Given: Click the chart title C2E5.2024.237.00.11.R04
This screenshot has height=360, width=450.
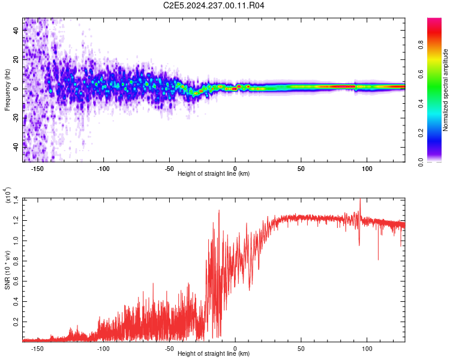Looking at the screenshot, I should (x=214, y=6).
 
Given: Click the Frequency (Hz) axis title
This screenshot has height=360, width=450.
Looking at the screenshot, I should (x=7, y=90).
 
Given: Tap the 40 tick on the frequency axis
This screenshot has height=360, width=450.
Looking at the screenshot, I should (x=16, y=31).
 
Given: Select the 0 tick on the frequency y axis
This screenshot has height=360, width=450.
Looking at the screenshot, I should (x=18, y=88).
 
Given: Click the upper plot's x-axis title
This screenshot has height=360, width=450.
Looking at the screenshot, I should (x=214, y=174).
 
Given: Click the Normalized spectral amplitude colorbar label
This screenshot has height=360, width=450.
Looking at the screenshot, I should (x=445, y=91).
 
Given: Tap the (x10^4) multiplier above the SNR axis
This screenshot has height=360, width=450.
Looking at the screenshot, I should (x=7, y=196).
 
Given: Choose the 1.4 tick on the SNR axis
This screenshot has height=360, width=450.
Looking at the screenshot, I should (x=15, y=198).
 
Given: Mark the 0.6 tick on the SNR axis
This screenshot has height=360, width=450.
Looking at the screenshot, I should (x=15, y=280).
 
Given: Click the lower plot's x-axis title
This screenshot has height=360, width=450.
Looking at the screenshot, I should (x=214, y=353).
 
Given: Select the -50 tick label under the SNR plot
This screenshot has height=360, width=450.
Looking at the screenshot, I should (x=169, y=347).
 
